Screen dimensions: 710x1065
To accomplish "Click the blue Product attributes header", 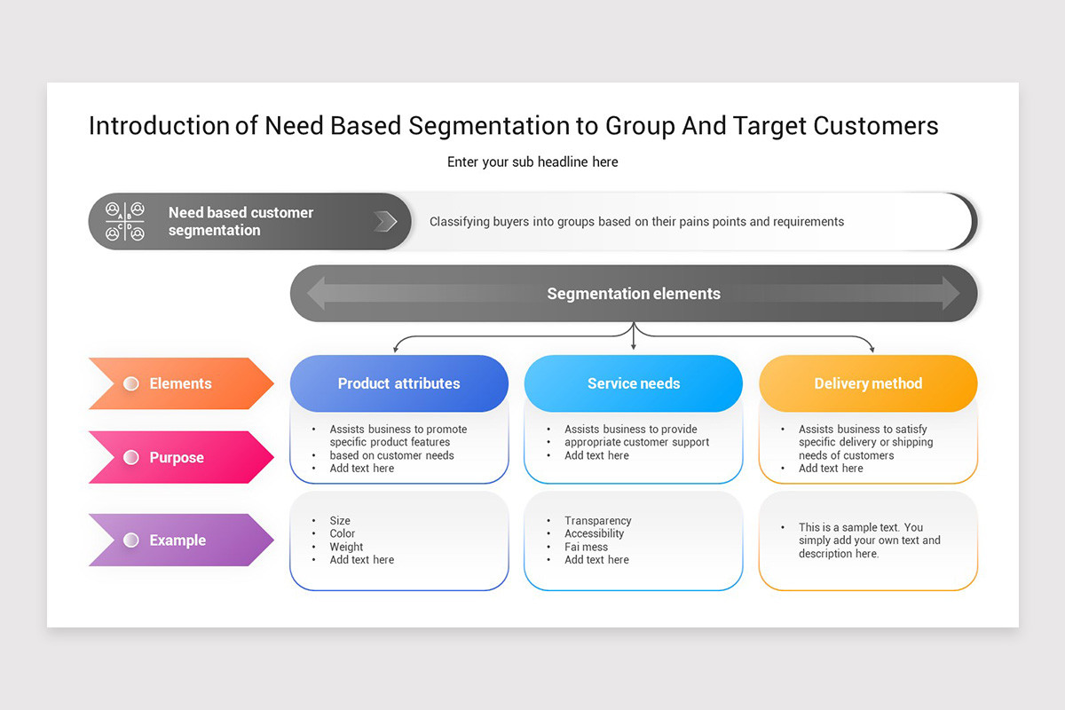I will [398, 383].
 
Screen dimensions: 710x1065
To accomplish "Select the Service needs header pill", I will [633, 383].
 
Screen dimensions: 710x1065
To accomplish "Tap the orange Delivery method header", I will [867, 383].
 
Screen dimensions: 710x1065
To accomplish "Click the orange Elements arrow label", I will [181, 383].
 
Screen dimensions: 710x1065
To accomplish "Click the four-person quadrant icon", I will [125, 222].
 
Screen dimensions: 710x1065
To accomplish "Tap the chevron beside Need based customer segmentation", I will [385, 222].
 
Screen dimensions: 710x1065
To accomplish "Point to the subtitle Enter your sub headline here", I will [532, 162].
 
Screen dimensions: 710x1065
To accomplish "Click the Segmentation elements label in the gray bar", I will [633, 294].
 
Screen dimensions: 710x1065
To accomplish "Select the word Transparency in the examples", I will [597, 521].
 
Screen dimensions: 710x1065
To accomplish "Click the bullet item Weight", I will [346, 547].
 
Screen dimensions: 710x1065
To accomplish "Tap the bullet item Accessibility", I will [594, 533].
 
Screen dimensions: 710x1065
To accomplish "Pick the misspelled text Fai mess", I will [586, 547].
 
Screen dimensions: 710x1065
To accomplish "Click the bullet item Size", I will [340, 521].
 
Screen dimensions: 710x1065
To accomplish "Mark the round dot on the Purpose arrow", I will [131, 457].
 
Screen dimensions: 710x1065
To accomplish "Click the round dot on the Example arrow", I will [131, 540].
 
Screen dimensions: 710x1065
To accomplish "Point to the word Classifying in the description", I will [459, 222].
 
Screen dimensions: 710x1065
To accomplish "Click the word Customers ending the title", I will [876, 125].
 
